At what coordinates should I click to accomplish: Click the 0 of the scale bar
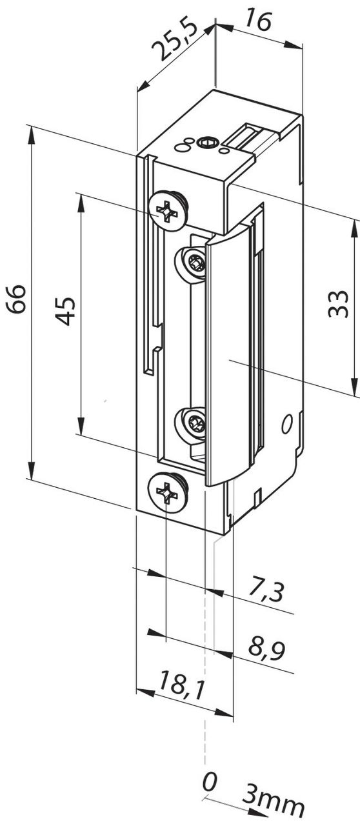209,783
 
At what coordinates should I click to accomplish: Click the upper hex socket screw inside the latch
194,263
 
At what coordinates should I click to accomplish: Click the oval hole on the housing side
287,424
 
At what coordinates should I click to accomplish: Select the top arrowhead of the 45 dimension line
81,199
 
